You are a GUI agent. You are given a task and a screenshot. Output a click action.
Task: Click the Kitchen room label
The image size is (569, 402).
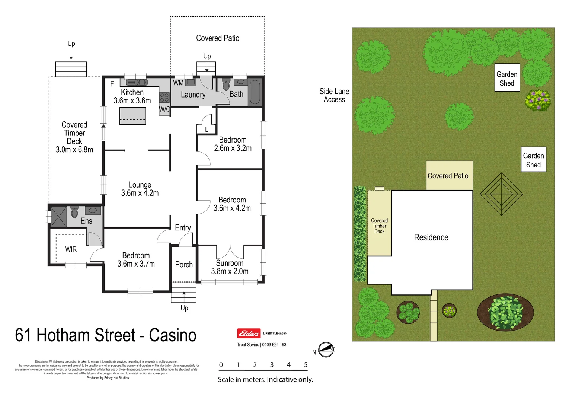[x=132, y=92]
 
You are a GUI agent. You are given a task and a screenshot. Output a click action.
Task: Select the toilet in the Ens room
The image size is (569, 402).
[x=74, y=212]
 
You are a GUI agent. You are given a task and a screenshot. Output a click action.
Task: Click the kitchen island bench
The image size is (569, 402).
[x=132, y=116]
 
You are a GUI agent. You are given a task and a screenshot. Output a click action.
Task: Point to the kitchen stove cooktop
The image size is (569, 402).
[x=164, y=98]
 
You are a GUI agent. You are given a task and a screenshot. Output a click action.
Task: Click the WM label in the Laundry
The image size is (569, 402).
[x=178, y=83]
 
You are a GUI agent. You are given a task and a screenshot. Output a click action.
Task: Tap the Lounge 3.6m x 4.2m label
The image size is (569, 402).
[x=140, y=189]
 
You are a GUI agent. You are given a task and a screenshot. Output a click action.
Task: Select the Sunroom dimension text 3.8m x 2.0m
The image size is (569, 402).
[x=230, y=272]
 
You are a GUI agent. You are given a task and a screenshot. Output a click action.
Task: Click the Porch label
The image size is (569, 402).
[x=184, y=265]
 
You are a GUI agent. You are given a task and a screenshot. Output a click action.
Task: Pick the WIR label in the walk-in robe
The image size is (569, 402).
[x=71, y=249]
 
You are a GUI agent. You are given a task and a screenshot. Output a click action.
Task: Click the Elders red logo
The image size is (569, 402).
[x=249, y=333]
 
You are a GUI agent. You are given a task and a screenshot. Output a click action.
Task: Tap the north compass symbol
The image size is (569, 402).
[x=326, y=350]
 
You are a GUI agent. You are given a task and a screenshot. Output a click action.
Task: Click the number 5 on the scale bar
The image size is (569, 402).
[x=306, y=365]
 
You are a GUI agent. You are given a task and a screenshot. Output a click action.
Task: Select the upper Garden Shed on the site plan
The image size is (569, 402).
[x=507, y=78]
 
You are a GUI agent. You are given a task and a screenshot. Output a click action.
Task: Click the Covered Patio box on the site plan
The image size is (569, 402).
[x=449, y=176]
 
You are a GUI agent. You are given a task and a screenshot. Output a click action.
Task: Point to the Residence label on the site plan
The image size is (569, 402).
[x=431, y=237]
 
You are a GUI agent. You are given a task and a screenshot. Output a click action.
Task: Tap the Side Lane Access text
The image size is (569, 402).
[x=334, y=96]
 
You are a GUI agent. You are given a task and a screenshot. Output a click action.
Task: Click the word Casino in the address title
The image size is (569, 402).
[x=172, y=335]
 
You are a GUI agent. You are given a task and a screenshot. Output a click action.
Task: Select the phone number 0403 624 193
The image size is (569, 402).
[x=274, y=345]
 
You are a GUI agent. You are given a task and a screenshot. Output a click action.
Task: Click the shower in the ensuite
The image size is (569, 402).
[x=58, y=216]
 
